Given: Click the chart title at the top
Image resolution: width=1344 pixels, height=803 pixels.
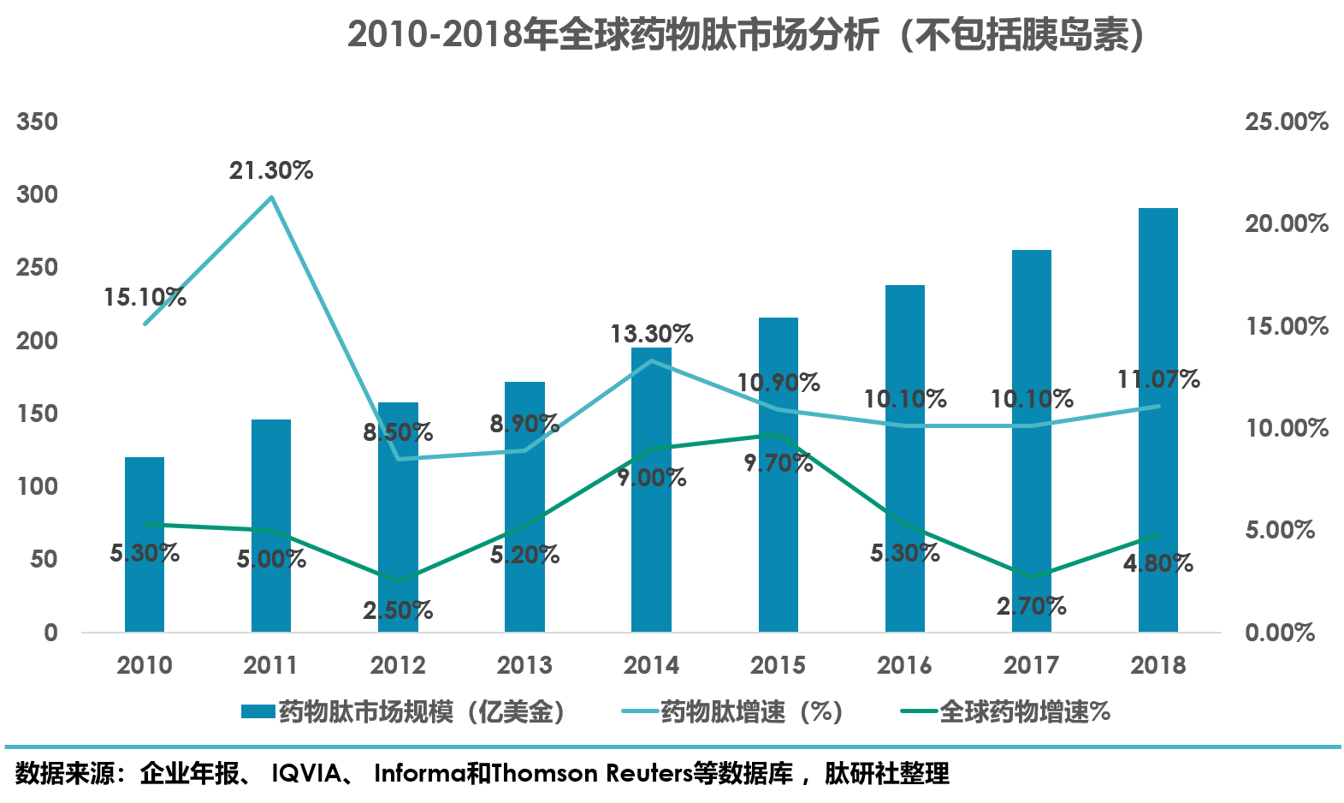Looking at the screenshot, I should [744, 36].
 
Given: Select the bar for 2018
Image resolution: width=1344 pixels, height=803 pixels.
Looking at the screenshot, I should [1157, 419].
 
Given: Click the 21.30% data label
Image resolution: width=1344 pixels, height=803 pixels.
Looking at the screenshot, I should [271, 171].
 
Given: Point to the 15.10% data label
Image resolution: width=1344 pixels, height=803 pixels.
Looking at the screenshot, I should [145, 298].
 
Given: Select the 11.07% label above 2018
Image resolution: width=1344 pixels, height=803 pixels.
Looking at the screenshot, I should [1158, 379].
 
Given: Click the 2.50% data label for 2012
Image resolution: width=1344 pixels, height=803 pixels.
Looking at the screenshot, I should [398, 610].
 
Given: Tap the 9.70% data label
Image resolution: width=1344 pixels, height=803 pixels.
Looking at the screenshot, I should [778, 463].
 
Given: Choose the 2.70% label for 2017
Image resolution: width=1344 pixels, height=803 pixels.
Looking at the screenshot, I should [1031, 606].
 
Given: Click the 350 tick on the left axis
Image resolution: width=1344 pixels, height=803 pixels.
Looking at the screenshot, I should [38, 122].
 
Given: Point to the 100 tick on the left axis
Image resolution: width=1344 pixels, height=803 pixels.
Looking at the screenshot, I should [38, 486].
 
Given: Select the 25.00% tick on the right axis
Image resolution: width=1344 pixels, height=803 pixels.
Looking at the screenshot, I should [1286, 122].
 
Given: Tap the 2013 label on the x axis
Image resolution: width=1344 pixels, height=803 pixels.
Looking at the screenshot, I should [524, 665].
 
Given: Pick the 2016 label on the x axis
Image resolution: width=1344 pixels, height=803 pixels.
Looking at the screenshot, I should [904, 665].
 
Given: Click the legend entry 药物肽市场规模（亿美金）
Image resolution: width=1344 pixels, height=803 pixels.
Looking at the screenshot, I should [404, 711].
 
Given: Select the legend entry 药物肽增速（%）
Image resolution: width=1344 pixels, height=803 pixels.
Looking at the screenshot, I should [734, 711].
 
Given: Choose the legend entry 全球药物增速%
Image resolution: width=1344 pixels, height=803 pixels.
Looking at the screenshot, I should [1006, 711].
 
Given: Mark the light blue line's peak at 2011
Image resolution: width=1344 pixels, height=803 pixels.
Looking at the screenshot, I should [271, 197].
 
